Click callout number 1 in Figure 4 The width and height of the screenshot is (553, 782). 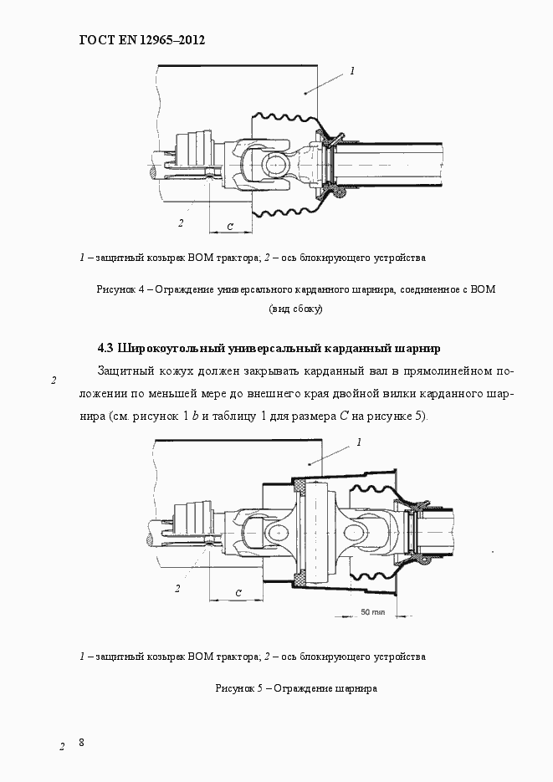352,71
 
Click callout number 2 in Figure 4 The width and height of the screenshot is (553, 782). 180,222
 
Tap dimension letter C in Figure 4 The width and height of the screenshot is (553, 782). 229,226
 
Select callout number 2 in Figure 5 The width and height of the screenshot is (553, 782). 177,588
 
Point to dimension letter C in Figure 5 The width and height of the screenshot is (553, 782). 238,592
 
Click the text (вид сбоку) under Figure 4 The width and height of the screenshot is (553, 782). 295,309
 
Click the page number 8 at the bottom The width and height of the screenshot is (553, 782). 82,743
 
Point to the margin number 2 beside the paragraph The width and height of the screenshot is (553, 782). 54,381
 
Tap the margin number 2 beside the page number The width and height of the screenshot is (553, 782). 62,746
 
